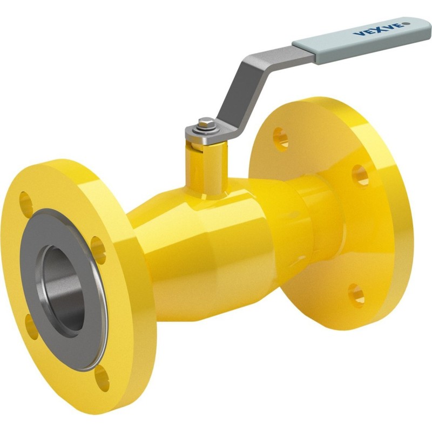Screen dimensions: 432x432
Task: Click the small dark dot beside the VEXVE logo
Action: coord(407,24)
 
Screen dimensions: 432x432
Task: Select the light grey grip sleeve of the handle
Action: coord(361,41)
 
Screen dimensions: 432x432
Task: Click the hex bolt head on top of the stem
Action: coord(206,123)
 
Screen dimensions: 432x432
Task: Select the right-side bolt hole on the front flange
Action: coord(98,250)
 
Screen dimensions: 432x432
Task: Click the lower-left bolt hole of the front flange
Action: coord(31,327)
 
